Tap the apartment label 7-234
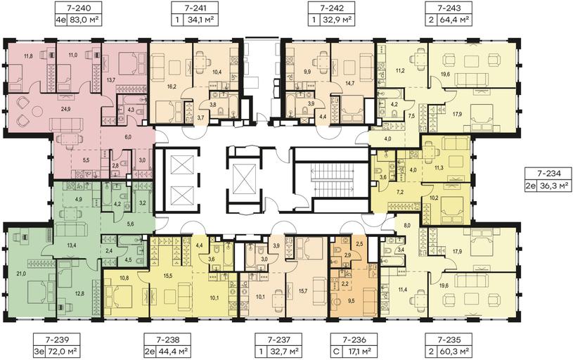[547, 174]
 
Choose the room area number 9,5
[351, 301]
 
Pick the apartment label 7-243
[448, 8]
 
